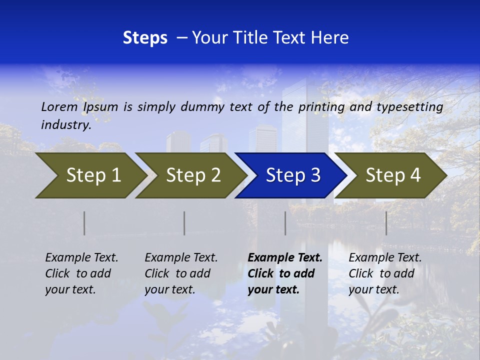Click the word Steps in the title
(145, 38)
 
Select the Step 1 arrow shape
(90, 175)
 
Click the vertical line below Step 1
(84, 223)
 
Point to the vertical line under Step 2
(184, 223)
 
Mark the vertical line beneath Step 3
(285, 223)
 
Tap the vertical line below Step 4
(386, 223)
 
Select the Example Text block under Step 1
(81, 273)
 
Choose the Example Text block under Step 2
(181, 273)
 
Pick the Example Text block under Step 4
(385, 273)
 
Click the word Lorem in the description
(59, 106)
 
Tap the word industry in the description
(66, 125)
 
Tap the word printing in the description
(321, 107)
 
